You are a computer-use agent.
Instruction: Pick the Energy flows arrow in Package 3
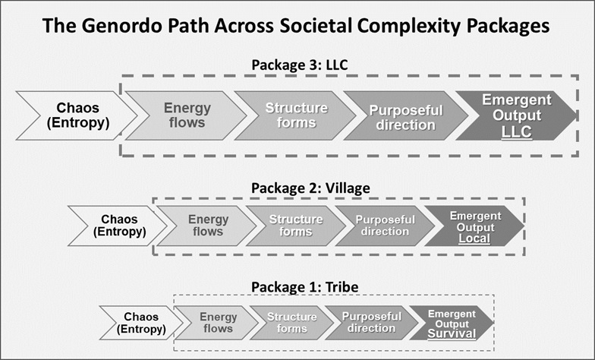[185, 115]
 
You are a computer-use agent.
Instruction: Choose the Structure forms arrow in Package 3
[294, 115]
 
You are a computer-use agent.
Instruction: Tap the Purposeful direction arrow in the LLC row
[405, 115]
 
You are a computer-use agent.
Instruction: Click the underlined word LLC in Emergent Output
[516, 132]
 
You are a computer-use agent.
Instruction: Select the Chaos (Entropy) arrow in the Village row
[118, 226]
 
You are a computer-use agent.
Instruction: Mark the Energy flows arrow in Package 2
[203, 226]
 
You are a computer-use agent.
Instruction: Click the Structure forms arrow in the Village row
[295, 226]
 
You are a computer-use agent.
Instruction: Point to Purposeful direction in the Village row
[385, 226]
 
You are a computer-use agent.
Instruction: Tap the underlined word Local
[474, 238]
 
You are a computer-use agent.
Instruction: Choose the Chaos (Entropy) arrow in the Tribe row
[143, 323]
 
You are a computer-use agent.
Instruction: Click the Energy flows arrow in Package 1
[216, 323]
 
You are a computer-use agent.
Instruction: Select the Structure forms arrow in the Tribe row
[291, 323]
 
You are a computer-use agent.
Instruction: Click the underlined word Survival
[451, 333]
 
